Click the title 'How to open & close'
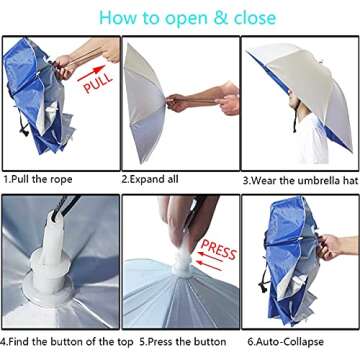coord(180,17)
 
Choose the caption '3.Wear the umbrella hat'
coord(299,181)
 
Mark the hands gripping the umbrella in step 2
coord(180,102)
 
